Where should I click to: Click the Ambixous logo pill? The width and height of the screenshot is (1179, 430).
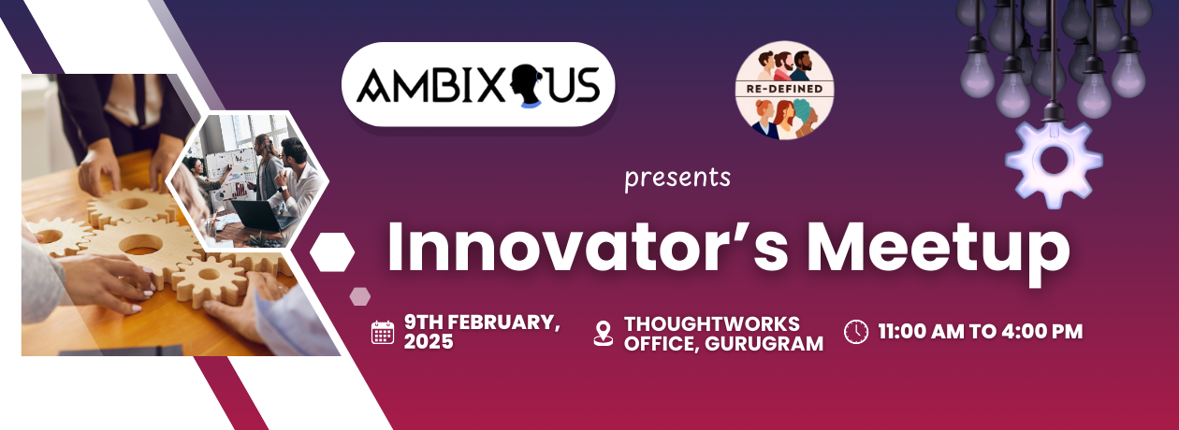pos(478,84)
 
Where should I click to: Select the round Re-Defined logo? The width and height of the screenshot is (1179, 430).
pos(785,90)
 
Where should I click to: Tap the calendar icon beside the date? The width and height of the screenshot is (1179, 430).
pos(383,332)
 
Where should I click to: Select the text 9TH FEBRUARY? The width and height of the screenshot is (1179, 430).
pos(483,322)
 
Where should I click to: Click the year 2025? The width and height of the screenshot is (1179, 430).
pos(429,342)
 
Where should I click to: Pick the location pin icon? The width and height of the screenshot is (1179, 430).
pos(604,333)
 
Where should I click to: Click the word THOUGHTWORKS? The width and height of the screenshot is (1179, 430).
pos(712,323)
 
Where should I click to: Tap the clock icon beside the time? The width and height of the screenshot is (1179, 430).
pos(856,332)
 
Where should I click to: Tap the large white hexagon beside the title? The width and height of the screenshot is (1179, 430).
pos(332,252)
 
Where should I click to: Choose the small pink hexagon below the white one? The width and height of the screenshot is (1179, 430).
pos(359,296)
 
